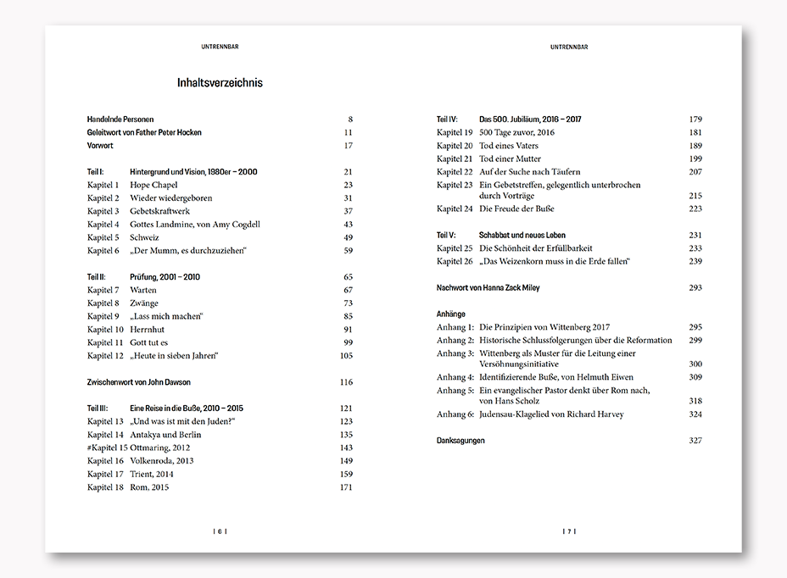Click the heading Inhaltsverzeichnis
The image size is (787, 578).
click(x=220, y=83)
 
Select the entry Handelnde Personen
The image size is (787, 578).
click(x=120, y=119)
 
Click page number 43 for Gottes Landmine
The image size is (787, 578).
click(x=347, y=225)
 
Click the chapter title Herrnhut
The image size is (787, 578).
click(x=148, y=330)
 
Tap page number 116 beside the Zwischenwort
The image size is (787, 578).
click(x=345, y=382)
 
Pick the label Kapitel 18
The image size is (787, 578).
click(x=106, y=487)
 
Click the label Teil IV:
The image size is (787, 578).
click(x=447, y=119)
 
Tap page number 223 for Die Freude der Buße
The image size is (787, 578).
click(x=695, y=208)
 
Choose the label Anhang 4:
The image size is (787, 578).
click(x=455, y=377)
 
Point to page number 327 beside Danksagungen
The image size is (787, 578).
click(x=695, y=441)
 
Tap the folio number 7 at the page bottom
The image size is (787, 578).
click(x=569, y=531)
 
